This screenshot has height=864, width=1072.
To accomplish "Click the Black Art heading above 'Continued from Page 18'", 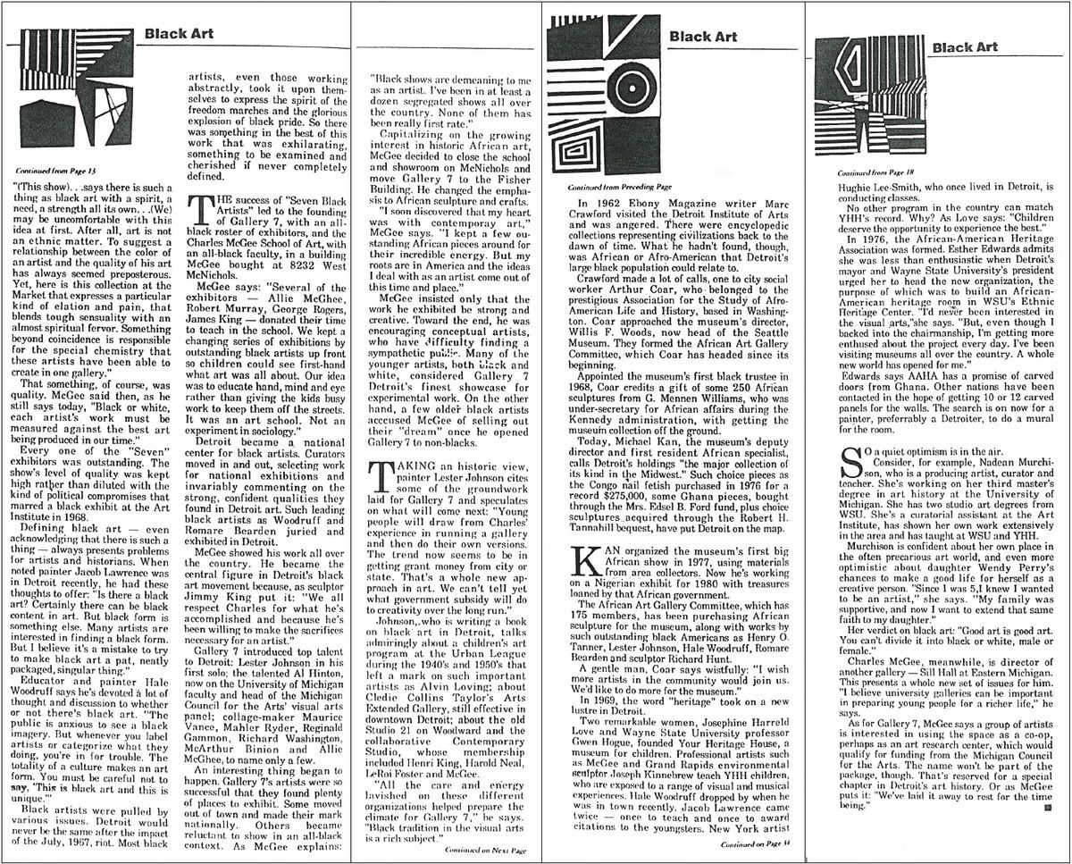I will (x=964, y=46).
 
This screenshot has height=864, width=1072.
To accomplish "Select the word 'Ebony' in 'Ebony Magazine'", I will (x=627, y=211).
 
